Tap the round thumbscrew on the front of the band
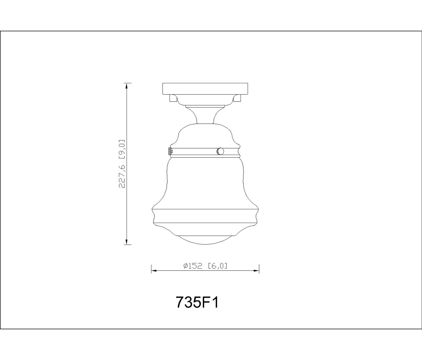(220, 151)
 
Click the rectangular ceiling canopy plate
(205, 89)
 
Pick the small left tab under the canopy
(172, 98)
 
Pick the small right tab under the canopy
(237, 98)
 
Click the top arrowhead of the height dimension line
(127, 86)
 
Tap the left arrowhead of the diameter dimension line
(154, 271)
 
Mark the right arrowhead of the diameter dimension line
(256, 271)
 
